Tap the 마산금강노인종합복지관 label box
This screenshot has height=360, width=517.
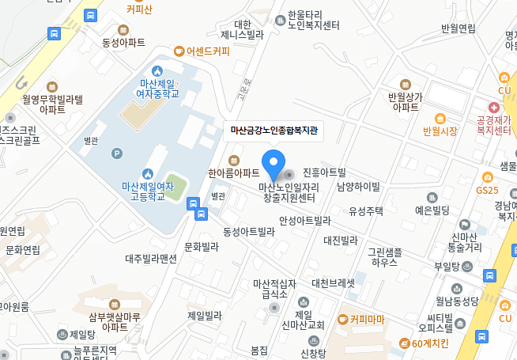tap(273, 131)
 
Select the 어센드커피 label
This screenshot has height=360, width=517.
tap(202, 52)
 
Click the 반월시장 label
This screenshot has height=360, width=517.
tap(440, 131)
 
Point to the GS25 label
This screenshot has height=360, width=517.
tap(487, 190)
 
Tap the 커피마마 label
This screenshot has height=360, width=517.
tap(366, 320)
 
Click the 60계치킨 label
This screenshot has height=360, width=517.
tap(425, 343)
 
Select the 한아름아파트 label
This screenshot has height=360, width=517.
tap(234, 172)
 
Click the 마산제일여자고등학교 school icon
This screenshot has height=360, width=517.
tap(147, 173)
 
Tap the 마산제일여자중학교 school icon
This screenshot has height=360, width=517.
tap(157, 71)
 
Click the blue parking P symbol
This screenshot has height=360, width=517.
tap(118, 153)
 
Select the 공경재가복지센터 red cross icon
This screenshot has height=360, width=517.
tap(493, 107)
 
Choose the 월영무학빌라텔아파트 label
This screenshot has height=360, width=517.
tap(53, 104)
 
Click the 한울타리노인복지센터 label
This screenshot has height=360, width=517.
tap(315, 20)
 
